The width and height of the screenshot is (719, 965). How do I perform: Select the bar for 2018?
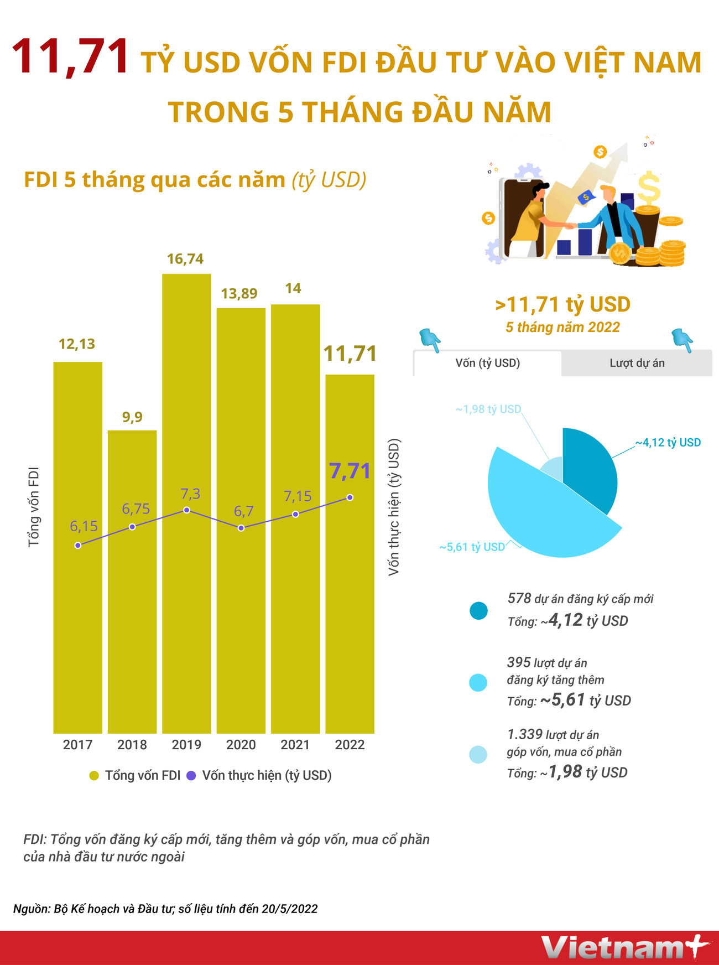(x=132, y=609)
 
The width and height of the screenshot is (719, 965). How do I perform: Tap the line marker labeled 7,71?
(x=350, y=497)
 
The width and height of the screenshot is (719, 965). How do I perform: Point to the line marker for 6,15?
(x=78, y=545)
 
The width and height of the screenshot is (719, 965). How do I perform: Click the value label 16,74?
(x=185, y=259)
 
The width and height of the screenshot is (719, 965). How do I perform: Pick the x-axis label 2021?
(x=295, y=745)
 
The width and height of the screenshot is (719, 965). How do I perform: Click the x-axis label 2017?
(x=77, y=745)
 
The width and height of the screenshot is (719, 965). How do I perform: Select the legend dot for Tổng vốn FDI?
(x=94, y=776)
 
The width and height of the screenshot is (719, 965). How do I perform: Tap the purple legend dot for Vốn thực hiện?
(x=191, y=776)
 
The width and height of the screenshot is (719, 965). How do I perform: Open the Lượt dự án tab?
(x=637, y=363)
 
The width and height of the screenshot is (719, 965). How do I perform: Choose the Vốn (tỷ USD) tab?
(x=487, y=363)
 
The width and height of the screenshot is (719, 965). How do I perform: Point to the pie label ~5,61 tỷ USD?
(x=472, y=547)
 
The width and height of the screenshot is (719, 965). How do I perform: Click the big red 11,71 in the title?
(x=71, y=57)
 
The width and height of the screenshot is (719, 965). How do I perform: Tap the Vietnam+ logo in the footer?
(x=624, y=947)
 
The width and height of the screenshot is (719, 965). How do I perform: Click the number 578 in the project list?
(x=519, y=599)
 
